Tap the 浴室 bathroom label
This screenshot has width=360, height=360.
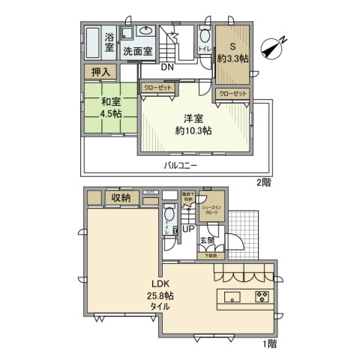pos(109,42)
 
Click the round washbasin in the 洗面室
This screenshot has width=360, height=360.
pos(145,31)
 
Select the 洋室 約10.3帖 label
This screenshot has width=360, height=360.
pos(193,124)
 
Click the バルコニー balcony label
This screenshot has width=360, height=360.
pos(182,164)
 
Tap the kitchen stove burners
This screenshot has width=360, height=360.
pos(262,294)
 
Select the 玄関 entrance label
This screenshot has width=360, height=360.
pos(208,240)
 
